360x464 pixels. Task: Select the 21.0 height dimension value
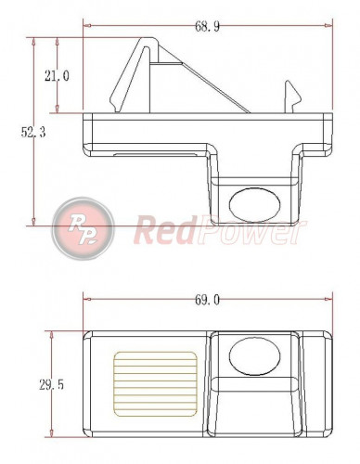pyautogui.click(x=56, y=76)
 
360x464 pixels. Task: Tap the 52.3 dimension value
pyautogui.click(x=34, y=133)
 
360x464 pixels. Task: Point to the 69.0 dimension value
pyautogui.click(x=207, y=300)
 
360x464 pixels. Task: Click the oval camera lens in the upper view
pyautogui.click(x=255, y=200)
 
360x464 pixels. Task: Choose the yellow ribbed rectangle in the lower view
pyautogui.click(x=156, y=381)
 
